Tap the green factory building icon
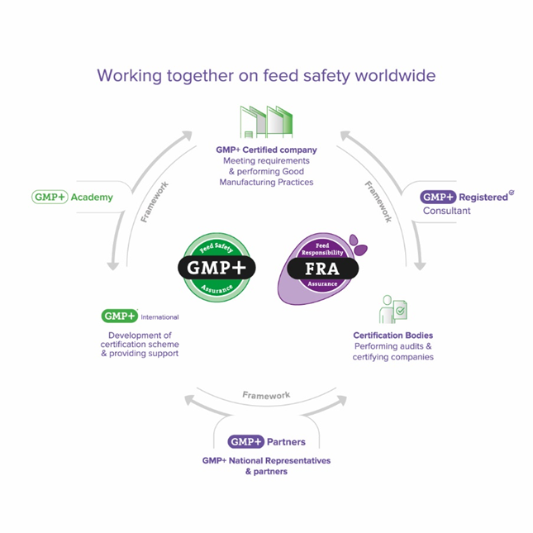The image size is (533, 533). (x=266, y=121)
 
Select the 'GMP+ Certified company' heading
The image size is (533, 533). (x=266, y=150)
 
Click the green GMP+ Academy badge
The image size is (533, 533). (x=50, y=197)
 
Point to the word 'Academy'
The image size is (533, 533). (x=92, y=197)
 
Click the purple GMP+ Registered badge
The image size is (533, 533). (x=438, y=197)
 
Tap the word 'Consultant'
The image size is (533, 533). (x=446, y=211)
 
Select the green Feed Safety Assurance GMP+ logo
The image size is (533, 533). (x=217, y=266)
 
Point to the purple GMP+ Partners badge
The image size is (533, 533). (x=246, y=442)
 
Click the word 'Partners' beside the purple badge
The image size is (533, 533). (x=285, y=442)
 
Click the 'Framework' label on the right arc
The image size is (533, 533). (x=377, y=200)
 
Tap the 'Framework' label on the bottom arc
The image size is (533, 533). (x=266, y=396)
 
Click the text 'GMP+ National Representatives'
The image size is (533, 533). (x=266, y=460)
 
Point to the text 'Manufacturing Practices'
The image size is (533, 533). (x=266, y=181)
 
